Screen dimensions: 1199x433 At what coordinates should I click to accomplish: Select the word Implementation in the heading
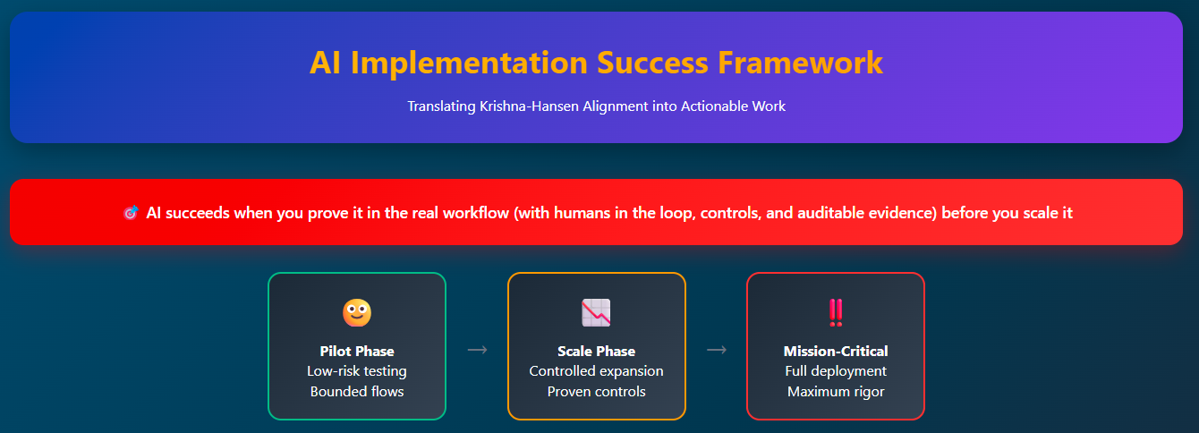[x=469, y=64]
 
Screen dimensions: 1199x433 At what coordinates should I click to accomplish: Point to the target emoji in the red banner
[x=131, y=213]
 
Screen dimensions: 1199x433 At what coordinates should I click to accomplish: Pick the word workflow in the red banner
[x=475, y=213]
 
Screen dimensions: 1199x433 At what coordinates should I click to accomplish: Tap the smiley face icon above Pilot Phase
[x=357, y=312]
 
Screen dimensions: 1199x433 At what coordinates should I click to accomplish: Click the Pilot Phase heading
[x=357, y=351]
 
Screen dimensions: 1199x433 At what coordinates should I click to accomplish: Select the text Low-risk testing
[x=357, y=371]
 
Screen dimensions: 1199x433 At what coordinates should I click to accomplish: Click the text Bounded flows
[x=357, y=391]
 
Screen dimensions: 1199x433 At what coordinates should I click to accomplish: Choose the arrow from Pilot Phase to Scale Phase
[x=477, y=350]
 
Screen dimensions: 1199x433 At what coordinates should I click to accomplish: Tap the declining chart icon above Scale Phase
[x=596, y=312]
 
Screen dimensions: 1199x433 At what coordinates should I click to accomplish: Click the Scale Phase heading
[x=596, y=351]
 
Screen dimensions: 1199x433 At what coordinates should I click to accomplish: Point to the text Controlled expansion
[x=596, y=371]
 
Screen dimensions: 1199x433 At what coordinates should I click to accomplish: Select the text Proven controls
[x=596, y=391]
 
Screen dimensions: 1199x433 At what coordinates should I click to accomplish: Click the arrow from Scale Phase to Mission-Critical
[x=717, y=350]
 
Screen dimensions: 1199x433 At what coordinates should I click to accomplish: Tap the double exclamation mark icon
[x=836, y=312]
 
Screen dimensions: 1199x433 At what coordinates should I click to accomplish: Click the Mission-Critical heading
[x=836, y=351]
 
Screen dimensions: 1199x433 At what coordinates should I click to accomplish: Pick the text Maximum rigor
[x=836, y=392]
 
